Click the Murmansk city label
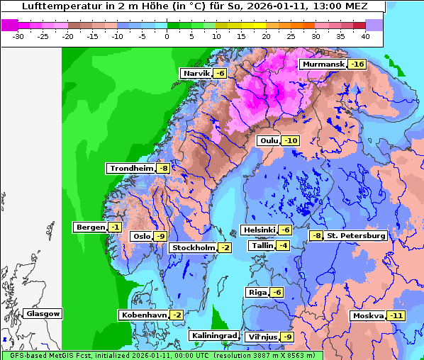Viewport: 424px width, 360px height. (x=323, y=64)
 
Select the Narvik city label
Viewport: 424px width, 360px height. (x=196, y=74)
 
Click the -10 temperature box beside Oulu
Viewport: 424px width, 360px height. (x=290, y=140)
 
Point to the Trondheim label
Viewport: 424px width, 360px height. (x=130, y=168)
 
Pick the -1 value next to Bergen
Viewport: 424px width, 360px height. (x=114, y=227)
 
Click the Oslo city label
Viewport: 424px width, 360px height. (x=142, y=237)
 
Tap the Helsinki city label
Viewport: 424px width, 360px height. (x=259, y=230)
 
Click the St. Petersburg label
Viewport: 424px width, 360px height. (x=356, y=235)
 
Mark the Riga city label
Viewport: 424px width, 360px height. (x=257, y=293)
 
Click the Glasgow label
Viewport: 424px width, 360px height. (x=43, y=313)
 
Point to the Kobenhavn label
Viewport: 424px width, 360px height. (x=144, y=315)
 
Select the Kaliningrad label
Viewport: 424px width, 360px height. (x=213, y=336)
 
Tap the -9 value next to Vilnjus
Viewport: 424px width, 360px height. (x=287, y=337)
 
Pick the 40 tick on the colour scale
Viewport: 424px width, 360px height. (x=365, y=35)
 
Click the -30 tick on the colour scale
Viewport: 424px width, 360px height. (x=18, y=35)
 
